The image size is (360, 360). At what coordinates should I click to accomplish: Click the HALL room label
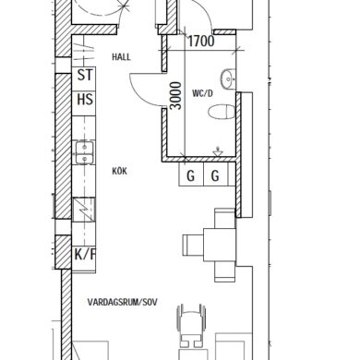121,57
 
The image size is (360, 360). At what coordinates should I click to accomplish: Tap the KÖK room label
120,171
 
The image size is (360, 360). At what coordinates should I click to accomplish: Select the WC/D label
202,93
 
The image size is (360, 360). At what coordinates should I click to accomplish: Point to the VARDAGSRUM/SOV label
123,302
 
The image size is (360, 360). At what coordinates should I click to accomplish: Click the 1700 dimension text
201,41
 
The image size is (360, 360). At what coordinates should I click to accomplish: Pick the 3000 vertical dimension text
175,95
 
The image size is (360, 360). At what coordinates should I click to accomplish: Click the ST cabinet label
85,75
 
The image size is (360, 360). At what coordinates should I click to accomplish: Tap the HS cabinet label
85,100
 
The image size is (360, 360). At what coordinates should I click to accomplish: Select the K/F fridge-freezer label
85,254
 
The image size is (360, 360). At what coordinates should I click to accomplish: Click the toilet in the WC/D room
222,112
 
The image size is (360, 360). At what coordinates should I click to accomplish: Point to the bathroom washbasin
228,79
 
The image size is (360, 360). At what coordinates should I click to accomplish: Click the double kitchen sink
84,153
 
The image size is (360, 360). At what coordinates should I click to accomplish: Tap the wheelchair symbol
191,325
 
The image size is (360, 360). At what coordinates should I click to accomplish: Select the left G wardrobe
191,174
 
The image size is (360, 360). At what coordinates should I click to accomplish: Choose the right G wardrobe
216,174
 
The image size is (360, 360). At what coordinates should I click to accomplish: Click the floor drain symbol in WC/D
218,152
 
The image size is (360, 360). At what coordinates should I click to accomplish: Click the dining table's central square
220,245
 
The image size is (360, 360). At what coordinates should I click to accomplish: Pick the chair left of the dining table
193,245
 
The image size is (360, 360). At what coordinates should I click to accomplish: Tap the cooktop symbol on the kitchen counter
83,210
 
